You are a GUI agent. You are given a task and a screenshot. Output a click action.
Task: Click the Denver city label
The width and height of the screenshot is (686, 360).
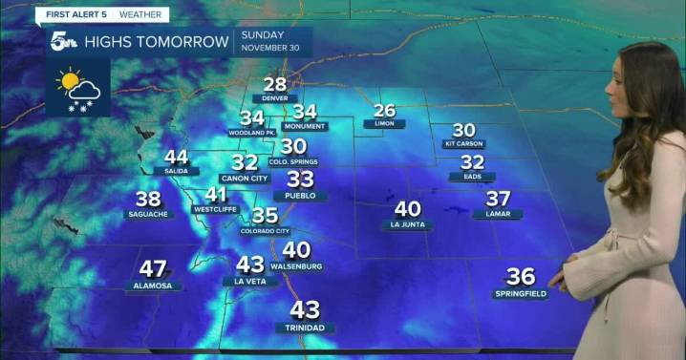(275, 98)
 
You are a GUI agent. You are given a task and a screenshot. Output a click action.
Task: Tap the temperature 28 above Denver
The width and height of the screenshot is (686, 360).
(275, 84)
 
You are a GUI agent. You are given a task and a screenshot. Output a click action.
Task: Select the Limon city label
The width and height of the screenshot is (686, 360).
(384, 124)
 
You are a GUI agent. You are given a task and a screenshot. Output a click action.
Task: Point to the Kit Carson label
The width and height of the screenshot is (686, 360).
(463, 144)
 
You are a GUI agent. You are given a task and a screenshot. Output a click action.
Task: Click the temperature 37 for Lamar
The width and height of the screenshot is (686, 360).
(498, 199)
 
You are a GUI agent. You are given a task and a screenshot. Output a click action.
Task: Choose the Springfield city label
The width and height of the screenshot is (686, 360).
(521, 293)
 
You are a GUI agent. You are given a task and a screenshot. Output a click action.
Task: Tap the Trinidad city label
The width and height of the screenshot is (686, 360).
(305, 328)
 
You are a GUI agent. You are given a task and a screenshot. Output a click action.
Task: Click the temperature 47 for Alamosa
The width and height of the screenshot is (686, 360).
(153, 269)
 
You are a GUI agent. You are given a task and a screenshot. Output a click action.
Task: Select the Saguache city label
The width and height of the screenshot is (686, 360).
(148, 214)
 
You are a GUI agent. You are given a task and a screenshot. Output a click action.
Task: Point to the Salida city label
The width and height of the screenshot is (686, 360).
(176, 170)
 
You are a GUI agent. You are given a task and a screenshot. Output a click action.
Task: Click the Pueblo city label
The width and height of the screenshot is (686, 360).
(300, 195)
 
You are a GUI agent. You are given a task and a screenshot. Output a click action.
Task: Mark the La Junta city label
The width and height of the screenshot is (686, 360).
(407, 225)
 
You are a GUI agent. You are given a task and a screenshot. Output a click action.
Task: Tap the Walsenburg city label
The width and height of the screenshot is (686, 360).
(296, 265)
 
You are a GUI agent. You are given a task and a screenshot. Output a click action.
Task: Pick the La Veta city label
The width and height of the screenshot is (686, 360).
(249, 281)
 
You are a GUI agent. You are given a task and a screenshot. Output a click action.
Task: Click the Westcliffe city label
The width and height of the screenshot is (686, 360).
(216, 207)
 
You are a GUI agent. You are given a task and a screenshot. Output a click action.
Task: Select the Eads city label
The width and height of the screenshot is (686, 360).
(472, 177)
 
